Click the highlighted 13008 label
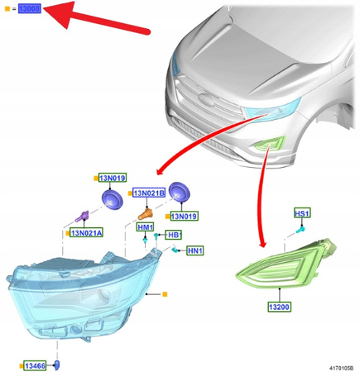[29, 9]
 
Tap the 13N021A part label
[86, 233]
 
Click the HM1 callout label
[145, 227]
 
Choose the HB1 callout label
[174, 236]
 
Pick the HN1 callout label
[195, 250]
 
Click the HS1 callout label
[302, 213]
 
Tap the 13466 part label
[36, 365]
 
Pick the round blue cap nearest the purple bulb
[112, 198]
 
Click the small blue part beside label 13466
[57, 365]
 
